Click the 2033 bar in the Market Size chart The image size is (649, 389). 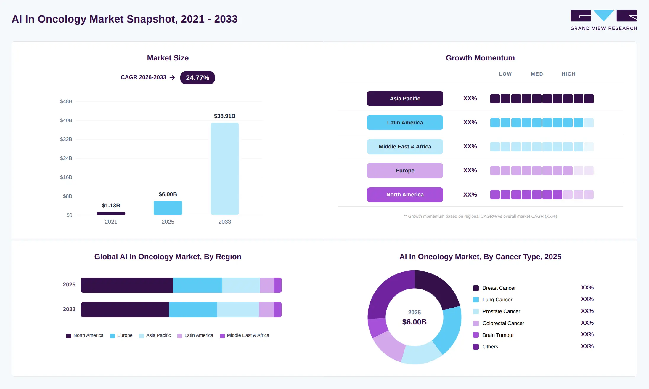[x=225, y=169]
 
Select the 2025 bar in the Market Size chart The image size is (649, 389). [x=168, y=208]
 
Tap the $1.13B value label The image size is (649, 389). [x=111, y=205]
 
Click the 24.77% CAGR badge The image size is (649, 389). [x=197, y=78]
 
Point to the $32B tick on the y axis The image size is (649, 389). [x=66, y=139]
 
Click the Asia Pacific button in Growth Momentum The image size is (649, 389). [x=405, y=98]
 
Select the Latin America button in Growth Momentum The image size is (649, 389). [x=405, y=122]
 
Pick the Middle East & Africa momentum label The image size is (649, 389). [x=405, y=147]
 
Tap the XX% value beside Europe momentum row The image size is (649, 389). [x=470, y=170]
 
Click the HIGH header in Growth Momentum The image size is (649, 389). [x=569, y=74]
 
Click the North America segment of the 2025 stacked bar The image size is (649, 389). [x=127, y=285]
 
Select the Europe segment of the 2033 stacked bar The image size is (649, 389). [x=193, y=310]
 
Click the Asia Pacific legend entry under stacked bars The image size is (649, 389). [x=155, y=335]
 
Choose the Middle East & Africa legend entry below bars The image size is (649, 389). [x=245, y=335]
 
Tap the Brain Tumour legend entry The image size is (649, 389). [x=494, y=335]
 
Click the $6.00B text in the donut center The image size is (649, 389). [x=415, y=322]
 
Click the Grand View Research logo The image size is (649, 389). [x=604, y=20]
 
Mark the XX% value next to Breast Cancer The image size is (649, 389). [x=587, y=287]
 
